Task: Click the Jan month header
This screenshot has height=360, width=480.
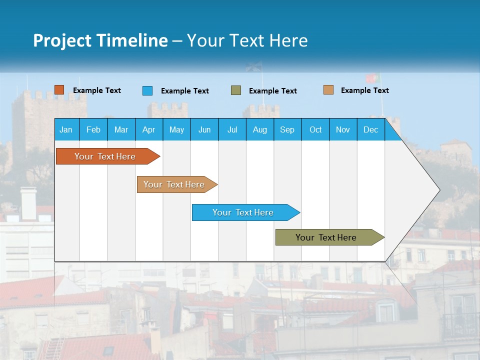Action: [x=66, y=129]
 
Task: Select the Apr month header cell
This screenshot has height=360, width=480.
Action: [x=148, y=129]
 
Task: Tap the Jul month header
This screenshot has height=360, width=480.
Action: [x=232, y=129]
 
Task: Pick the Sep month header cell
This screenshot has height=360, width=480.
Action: [x=287, y=129]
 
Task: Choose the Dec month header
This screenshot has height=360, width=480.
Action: [x=370, y=129]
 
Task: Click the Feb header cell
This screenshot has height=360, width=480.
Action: [x=93, y=129]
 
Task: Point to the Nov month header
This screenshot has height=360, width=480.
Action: [x=343, y=129]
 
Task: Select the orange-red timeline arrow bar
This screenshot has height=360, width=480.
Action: [x=105, y=156]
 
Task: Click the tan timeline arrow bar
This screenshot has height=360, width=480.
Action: [x=174, y=184]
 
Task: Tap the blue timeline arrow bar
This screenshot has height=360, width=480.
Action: [x=243, y=212]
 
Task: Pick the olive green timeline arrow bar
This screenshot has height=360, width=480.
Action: [x=326, y=237]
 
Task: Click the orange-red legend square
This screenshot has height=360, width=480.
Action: [x=59, y=90]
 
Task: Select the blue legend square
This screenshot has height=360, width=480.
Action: [x=147, y=90]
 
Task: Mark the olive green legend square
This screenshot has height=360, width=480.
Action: [x=235, y=90]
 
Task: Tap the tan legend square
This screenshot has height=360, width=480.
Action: [x=328, y=90]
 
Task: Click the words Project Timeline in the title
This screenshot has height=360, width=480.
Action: [x=100, y=40]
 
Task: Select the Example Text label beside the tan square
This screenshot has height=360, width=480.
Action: [x=364, y=90]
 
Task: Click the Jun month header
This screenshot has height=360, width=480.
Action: [x=204, y=129]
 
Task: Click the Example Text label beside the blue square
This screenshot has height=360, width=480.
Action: [x=184, y=91]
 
